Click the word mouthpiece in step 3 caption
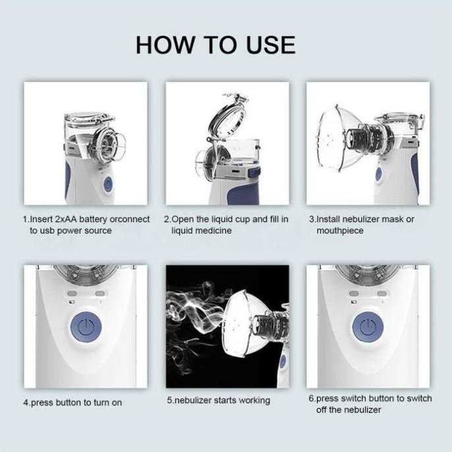point(340,231)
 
